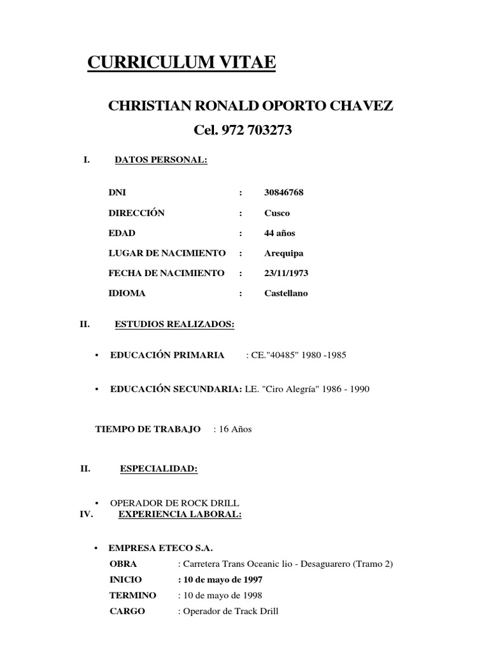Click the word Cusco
click(277, 213)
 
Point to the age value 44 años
click(280, 233)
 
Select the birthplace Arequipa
click(283, 253)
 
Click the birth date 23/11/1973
click(287, 273)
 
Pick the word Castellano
click(286, 293)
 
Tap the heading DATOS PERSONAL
click(161, 160)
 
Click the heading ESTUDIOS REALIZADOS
click(174, 325)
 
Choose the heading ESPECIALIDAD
click(159, 469)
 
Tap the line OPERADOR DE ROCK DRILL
click(175, 503)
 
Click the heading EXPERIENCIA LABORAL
click(180, 514)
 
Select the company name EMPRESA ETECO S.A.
click(160, 548)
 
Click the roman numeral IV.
click(87, 514)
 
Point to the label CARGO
click(127, 611)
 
